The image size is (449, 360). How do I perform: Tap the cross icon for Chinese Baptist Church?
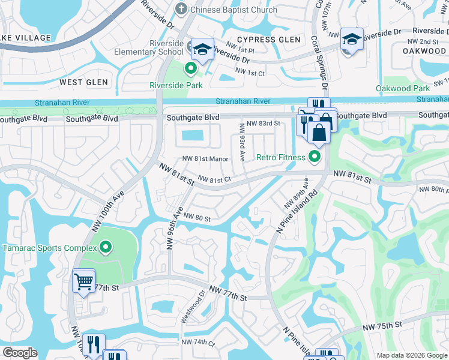coord(181,9)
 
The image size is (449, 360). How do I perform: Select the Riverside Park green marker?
coord(191,68)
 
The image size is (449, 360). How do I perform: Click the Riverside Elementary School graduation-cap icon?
coord(203,48)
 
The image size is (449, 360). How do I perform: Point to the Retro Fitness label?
coord(281,158)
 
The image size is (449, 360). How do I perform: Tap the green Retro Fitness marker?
coord(313,158)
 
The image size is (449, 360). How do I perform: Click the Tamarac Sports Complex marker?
coord(106,247)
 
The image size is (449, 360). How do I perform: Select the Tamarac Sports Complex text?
coord(49,248)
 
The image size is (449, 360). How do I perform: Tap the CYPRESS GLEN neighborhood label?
coord(273,40)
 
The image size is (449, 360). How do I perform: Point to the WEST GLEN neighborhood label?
coord(83,82)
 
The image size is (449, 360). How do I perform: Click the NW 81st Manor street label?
coord(205,159)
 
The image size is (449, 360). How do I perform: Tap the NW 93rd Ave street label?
coord(243,142)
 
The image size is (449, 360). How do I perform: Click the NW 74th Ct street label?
coord(198,343)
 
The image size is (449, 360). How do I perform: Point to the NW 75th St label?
coord(381,325)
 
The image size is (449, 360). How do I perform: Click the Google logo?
coord(20,353)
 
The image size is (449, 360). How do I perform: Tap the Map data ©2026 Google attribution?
coord(411,355)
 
